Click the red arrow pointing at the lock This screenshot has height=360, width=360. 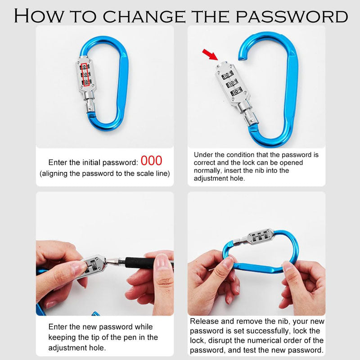[210, 54]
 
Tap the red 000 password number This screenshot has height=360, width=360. [151, 161]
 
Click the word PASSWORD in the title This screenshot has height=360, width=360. [292, 16]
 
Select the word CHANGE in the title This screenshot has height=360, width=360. [144, 16]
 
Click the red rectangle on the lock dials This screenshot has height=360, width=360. [85, 75]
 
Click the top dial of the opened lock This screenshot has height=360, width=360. [227, 75]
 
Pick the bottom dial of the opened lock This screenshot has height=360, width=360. [236, 91]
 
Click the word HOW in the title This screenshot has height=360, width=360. [39, 16]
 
